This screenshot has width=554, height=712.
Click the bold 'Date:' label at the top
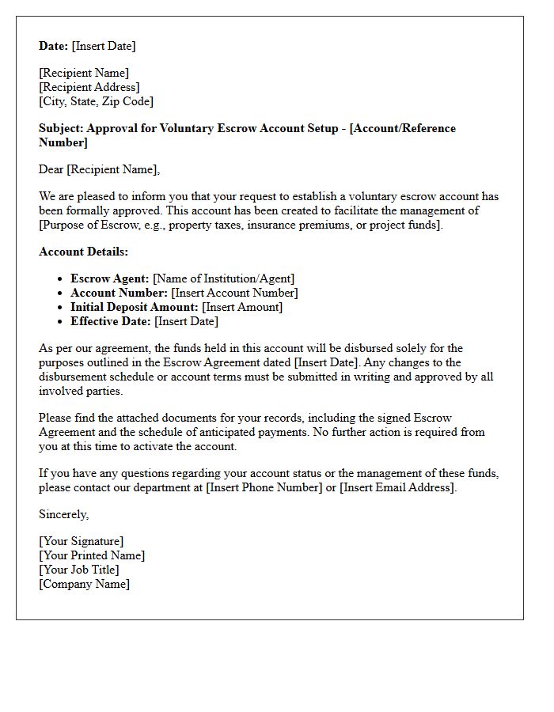pyautogui.click(x=54, y=46)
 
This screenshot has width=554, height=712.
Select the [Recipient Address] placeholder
pyautogui.click(x=89, y=87)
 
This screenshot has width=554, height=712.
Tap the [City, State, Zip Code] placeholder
pyautogui.click(x=96, y=101)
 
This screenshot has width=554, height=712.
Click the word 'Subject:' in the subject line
pyautogui.click(x=61, y=128)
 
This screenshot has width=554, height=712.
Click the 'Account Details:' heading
pyautogui.click(x=83, y=252)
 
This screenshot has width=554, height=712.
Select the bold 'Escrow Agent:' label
pyautogui.click(x=109, y=278)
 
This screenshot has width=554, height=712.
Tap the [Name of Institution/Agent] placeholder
pyautogui.click(x=223, y=278)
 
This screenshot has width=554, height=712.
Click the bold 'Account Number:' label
pyautogui.click(x=119, y=293)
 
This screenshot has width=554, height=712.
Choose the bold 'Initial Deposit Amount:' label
pyautogui.click(x=135, y=307)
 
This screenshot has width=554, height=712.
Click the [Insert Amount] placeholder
pyautogui.click(x=242, y=307)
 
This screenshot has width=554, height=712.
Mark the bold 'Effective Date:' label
pyautogui.click(x=111, y=321)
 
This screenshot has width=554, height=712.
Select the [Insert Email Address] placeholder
pyautogui.click(x=398, y=487)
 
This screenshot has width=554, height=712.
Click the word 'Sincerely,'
pyautogui.click(x=64, y=514)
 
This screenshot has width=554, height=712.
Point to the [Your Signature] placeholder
pyautogui.click(x=81, y=541)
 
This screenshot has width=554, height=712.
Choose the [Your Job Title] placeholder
pyautogui.click(x=79, y=570)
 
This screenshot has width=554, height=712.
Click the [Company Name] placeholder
pyautogui.click(x=84, y=584)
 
